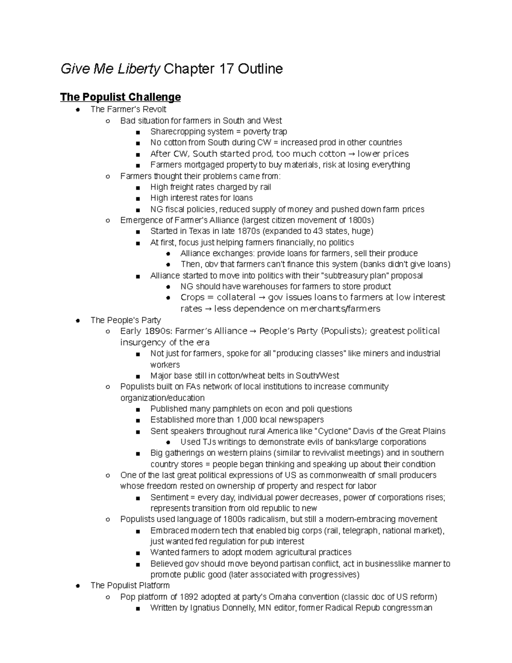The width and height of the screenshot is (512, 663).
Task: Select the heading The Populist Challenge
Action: pos(120,97)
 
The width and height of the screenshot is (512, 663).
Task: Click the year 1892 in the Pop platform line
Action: pos(189,597)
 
